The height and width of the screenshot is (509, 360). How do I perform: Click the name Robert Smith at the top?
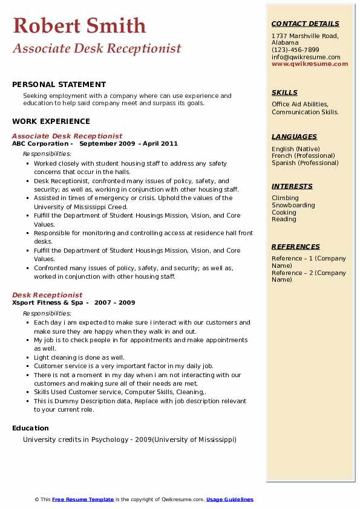point(79,25)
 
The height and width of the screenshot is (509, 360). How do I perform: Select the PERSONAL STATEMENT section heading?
point(59,85)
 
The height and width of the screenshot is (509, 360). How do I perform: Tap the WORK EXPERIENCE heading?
point(51,122)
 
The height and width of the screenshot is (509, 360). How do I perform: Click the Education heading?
point(30,428)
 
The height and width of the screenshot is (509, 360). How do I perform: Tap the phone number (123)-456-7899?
point(295,50)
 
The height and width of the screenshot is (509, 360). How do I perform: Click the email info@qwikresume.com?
point(306,57)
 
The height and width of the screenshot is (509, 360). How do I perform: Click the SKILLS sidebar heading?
point(284,92)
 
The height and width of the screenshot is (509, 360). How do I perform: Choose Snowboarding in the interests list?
point(293,205)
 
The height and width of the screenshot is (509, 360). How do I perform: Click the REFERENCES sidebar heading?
point(296,247)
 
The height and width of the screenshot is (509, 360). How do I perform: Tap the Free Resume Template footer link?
point(83,499)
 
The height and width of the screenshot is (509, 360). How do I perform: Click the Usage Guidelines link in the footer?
point(229,499)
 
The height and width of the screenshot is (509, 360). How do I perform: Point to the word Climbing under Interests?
point(285,198)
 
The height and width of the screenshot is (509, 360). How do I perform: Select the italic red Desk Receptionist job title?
point(47,295)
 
